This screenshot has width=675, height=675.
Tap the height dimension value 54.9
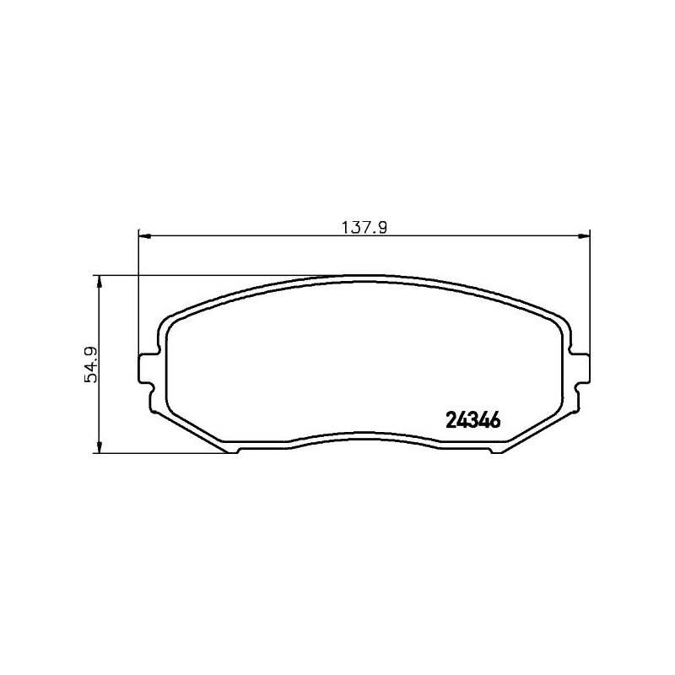(91, 364)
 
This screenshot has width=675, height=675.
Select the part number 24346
(473, 419)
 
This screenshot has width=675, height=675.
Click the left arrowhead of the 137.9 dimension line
(143, 236)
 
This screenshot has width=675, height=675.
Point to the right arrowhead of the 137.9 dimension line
(584, 236)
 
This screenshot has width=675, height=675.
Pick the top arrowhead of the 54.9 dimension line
(100, 281)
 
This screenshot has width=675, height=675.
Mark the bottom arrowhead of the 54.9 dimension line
(100, 446)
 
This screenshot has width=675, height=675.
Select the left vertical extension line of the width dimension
(138, 295)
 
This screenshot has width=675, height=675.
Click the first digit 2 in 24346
(450, 419)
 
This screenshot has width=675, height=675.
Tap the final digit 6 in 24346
(497, 419)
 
